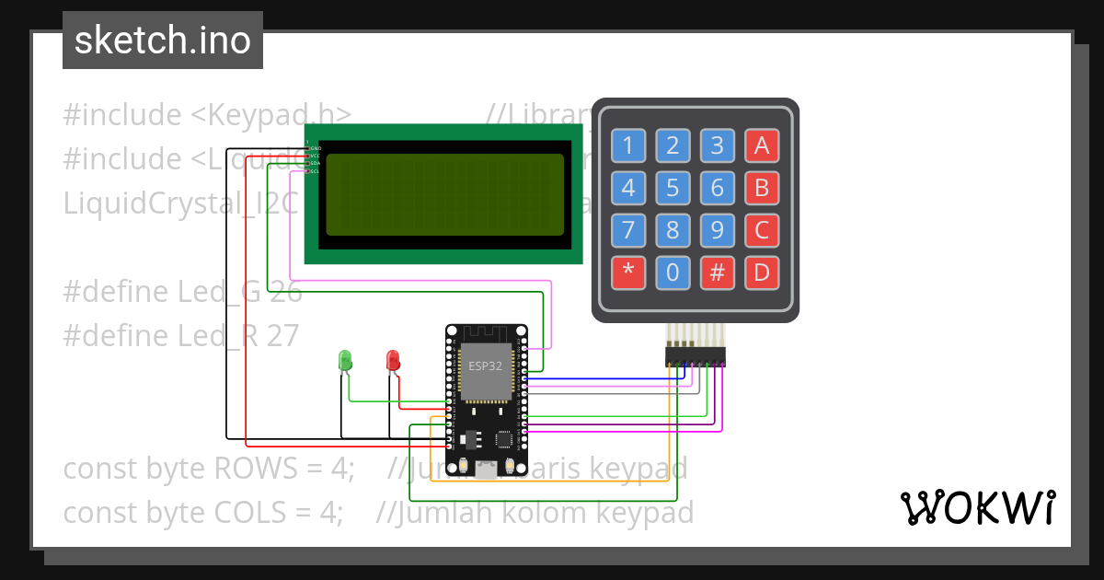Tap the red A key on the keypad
(x=761, y=145)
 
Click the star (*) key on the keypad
(x=628, y=273)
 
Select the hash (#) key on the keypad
(x=717, y=273)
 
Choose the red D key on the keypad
(x=761, y=273)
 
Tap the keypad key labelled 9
(x=717, y=229)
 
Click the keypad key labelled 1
(x=628, y=145)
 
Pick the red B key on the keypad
(x=761, y=188)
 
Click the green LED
(x=346, y=360)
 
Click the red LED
(x=393, y=360)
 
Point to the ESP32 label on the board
(x=486, y=365)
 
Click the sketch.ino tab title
(x=163, y=41)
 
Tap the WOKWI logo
(x=976, y=507)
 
